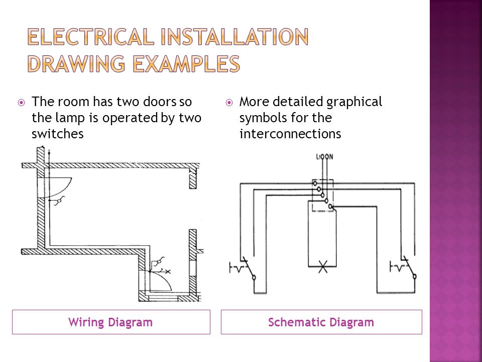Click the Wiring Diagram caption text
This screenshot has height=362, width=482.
click(x=110, y=322)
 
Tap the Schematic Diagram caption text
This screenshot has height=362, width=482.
click(x=321, y=322)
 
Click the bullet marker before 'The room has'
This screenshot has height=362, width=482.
click(x=21, y=103)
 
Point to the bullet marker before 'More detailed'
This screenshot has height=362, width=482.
click(x=229, y=103)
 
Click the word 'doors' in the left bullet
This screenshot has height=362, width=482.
click(x=163, y=102)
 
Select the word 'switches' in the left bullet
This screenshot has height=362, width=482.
click(x=57, y=134)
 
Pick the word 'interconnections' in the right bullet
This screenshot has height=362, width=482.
click(x=290, y=134)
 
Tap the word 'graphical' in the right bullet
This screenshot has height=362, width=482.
click(x=354, y=102)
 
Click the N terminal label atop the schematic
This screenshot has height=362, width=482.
click(x=331, y=157)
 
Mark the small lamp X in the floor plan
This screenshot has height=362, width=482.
click(x=168, y=271)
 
